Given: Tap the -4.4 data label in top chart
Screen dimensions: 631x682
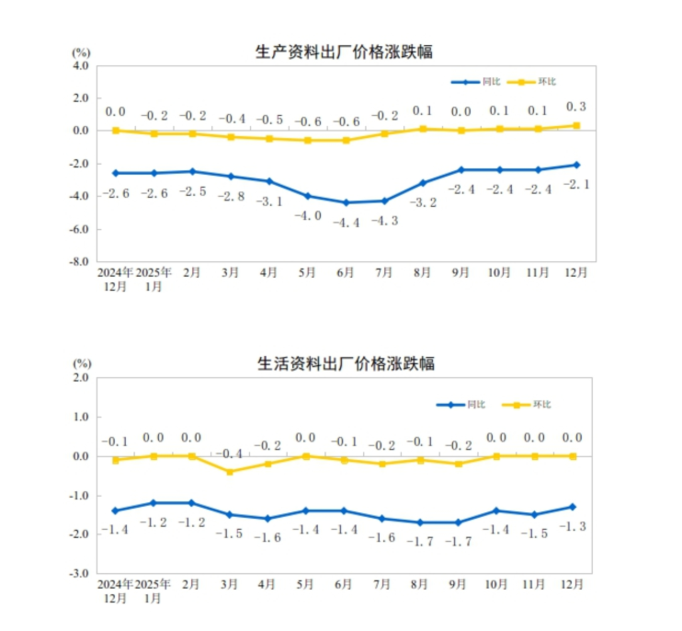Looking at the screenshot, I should pos(347,222).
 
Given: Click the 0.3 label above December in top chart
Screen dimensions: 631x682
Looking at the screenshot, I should pos(576,107).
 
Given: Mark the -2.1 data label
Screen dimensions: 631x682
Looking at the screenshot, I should pos(576,184).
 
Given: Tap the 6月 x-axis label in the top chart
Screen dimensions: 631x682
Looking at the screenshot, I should pos(346,273).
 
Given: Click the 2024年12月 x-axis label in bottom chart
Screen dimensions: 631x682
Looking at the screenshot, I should pos(115,591).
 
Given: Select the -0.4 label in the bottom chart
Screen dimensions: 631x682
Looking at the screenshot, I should pos(231,454).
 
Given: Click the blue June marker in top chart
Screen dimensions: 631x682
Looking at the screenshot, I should pos(347,202).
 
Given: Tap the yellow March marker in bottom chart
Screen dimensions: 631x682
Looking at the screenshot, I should pos(231,472).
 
